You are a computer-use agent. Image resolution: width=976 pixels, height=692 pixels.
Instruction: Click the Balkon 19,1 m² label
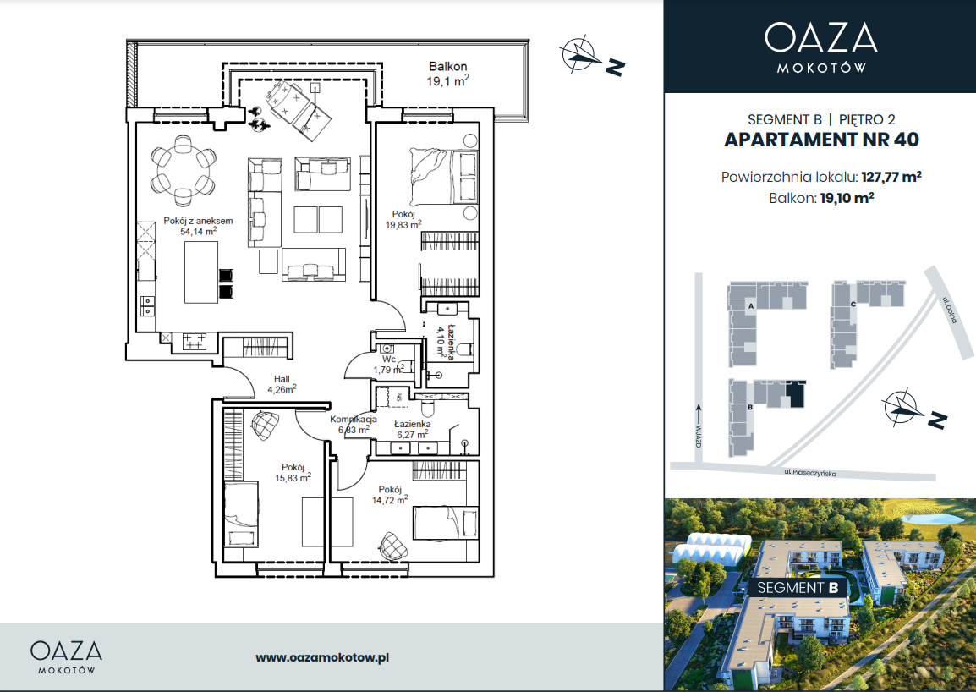(447, 74)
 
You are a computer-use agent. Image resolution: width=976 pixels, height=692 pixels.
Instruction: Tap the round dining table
(184, 169)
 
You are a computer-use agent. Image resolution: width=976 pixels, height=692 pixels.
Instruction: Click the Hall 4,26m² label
(282, 384)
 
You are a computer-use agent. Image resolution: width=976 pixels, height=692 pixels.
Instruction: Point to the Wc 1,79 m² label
(389, 365)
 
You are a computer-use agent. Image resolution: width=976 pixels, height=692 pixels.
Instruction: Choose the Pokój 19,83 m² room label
(403, 219)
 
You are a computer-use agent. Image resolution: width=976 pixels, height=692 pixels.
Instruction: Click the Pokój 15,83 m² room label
(293, 473)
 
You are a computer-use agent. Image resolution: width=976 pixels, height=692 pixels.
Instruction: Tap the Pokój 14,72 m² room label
(390, 495)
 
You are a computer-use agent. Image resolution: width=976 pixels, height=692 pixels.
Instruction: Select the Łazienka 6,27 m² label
(412, 429)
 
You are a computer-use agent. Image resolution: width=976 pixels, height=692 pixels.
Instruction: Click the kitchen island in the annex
(201, 272)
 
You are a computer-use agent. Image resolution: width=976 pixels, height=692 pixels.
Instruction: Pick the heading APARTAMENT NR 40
(821, 140)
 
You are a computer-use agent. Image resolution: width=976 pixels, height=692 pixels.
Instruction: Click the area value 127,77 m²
(891, 177)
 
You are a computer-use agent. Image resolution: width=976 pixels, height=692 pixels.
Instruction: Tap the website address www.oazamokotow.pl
(322, 657)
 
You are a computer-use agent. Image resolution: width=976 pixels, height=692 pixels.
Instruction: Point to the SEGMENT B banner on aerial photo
(798, 587)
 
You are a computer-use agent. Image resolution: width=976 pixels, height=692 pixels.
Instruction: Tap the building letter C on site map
(853, 304)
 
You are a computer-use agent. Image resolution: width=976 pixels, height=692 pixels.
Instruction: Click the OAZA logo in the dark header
(821, 47)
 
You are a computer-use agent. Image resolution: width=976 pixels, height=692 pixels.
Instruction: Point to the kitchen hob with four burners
(194, 341)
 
